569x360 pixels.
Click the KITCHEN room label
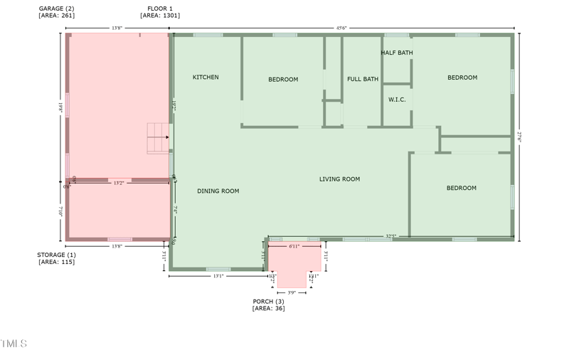[x=206, y=77]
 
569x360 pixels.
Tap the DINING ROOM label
[x=218, y=191]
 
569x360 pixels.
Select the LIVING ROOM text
[x=339, y=179]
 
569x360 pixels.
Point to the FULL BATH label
[x=362, y=79]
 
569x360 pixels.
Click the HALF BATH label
[x=396, y=53]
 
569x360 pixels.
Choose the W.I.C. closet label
[x=397, y=100]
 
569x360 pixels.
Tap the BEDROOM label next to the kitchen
[x=283, y=79]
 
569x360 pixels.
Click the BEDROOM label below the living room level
[x=461, y=188]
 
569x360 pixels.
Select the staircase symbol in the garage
[x=159, y=137]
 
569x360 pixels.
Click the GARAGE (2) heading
[x=56, y=8]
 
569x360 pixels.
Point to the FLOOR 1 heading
[x=159, y=8]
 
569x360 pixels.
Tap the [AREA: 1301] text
[x=159, y=15]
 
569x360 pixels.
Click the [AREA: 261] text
[x=56, y=15]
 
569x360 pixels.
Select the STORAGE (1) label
[x=56, y=254]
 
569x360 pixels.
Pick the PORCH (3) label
[x=268, y=301]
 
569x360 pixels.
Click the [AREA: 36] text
[x=268, y=308]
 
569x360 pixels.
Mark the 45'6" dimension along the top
[x=341, y=28]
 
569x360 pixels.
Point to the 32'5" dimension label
[x=390, y=236]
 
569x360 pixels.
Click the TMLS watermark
[x=14, y=344]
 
